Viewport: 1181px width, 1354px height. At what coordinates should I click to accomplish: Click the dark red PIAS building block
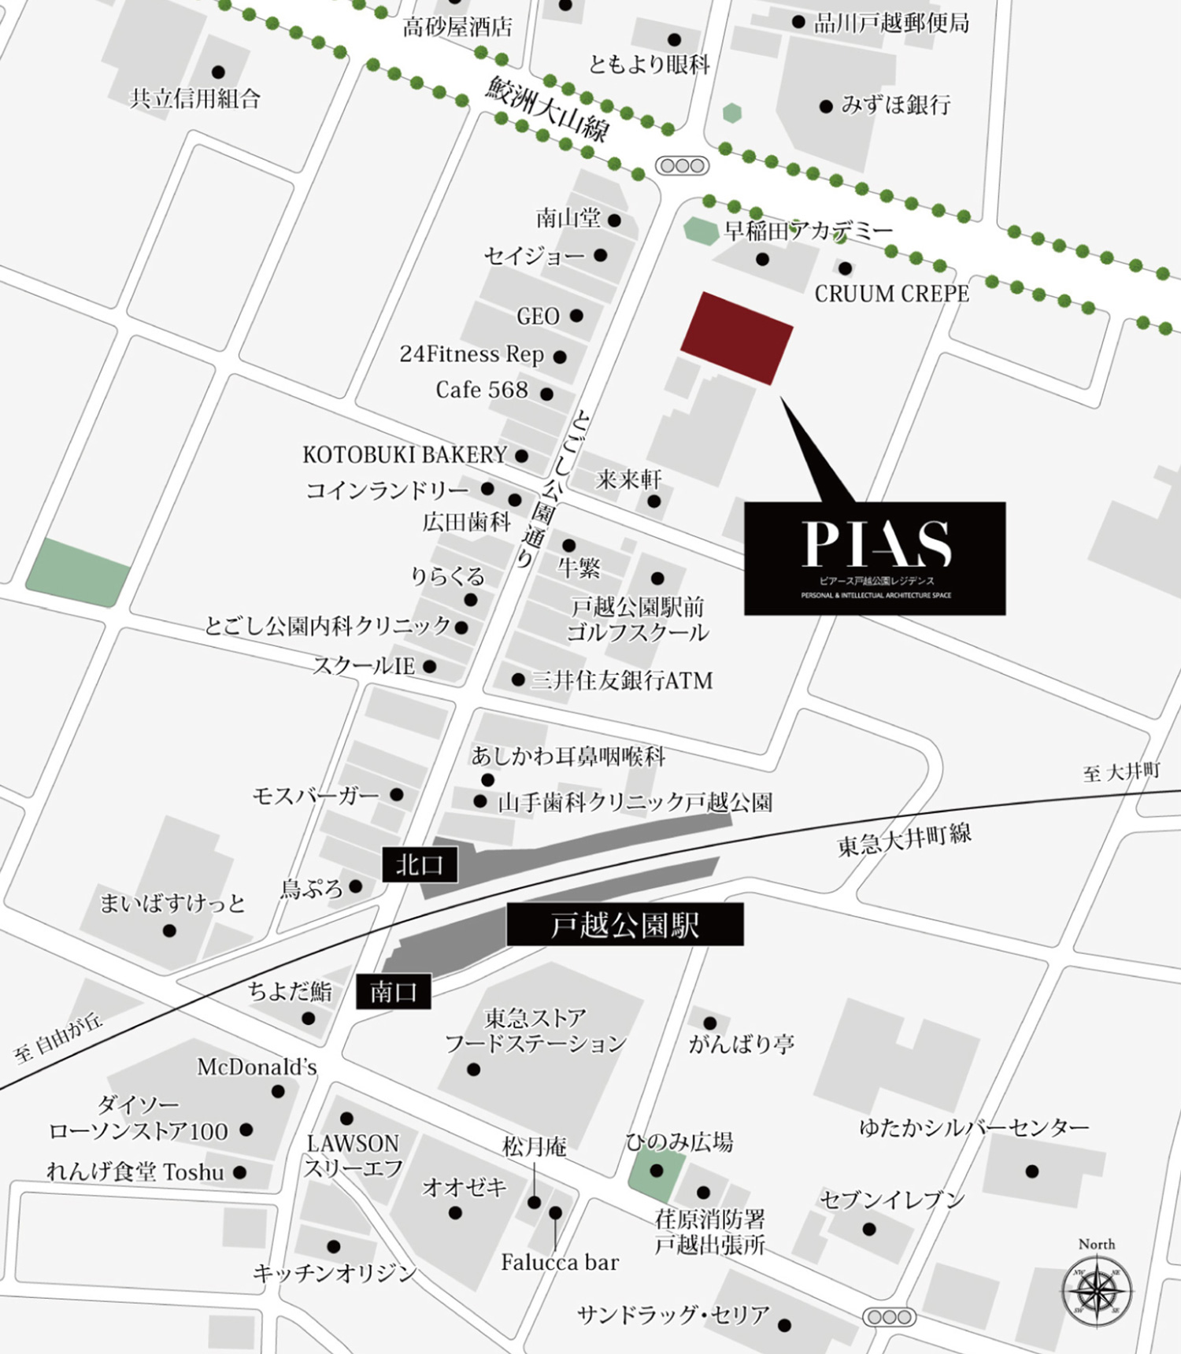736,337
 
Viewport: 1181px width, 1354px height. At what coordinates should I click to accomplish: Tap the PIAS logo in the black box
876,543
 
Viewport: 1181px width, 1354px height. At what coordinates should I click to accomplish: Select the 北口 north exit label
420,865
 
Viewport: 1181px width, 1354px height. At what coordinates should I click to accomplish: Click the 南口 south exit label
393,991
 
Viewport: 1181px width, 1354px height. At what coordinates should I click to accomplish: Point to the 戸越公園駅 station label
624,925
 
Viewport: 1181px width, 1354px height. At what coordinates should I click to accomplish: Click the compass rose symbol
1096,1292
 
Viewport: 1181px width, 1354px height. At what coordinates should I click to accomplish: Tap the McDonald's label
257,1067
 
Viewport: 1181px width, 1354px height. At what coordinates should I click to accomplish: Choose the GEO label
538,316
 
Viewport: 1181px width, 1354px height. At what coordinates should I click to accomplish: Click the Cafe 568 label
482,390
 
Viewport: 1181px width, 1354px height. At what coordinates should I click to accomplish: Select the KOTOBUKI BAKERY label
405,455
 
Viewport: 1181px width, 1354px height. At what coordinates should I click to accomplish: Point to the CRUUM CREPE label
891,294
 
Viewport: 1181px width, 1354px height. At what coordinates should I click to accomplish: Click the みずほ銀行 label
896,105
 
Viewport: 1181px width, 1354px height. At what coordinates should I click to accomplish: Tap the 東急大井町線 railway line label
904,840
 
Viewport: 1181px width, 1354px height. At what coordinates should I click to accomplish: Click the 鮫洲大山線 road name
547,108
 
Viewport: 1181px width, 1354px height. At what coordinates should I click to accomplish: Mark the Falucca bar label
560,1263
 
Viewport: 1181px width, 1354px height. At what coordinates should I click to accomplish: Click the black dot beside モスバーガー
397,795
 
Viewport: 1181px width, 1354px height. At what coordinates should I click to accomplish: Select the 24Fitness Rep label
472,355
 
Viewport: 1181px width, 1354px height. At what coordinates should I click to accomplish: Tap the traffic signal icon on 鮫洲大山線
683,166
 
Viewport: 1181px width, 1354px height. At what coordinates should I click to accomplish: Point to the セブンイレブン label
892,1200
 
